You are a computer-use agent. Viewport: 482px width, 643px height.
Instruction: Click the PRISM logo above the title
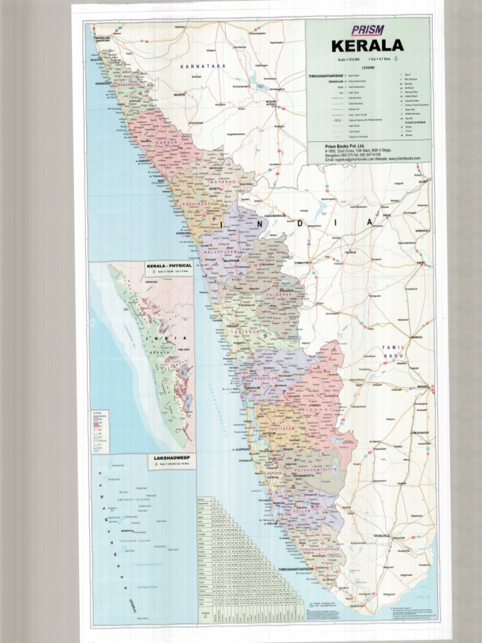point(367,30)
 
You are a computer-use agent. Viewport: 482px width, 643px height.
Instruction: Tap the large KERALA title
point(367,46)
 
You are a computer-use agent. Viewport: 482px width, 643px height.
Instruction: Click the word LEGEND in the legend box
point(368,67)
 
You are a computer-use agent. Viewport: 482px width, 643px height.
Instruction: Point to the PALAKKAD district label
point(277,294)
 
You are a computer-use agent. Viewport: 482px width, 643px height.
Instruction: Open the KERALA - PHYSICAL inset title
point(169,266)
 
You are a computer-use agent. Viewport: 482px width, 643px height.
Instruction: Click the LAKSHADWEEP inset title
point(171,458)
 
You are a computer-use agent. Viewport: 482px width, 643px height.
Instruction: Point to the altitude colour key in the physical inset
point(100,432)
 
